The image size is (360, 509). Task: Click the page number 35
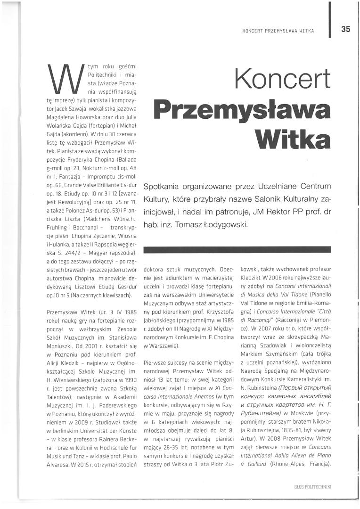pyautogui.click(x=346, y=29)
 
